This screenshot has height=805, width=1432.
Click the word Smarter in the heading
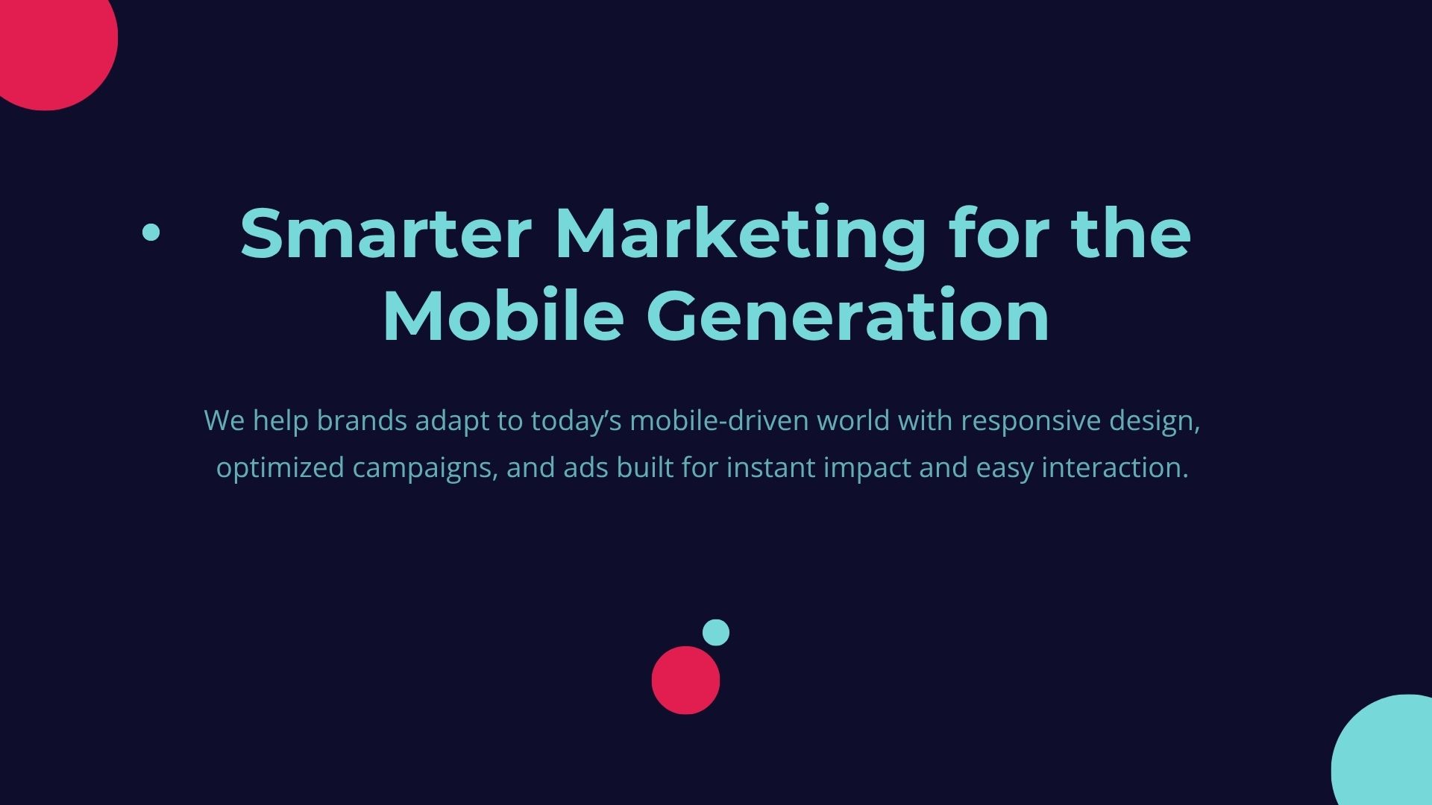pos(386,233)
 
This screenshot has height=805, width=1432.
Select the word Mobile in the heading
pos(503,315)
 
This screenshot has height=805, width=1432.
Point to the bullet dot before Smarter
pos(151,233)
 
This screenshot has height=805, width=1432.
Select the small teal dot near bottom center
pos(716,632)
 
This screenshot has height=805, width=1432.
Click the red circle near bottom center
pos(685,680)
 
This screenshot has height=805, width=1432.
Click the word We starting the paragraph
pos(224,421)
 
